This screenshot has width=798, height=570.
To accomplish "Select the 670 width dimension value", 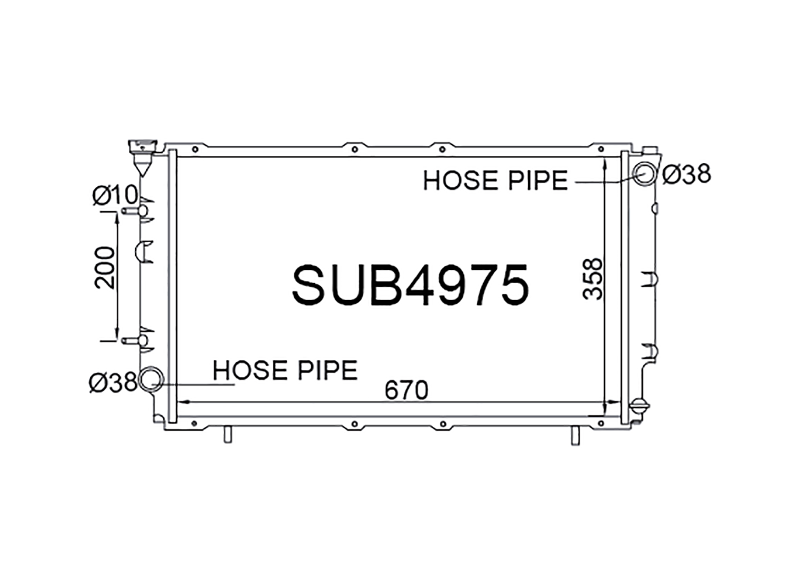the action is (x=406, y=390).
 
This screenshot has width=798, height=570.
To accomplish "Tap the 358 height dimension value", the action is (x=593, y=278).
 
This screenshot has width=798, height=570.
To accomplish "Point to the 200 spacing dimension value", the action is (x=105, y=267).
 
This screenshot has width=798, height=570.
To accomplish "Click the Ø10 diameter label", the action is (x=115, y=195).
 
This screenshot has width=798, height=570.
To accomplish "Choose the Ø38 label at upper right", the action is (x=686, y=175).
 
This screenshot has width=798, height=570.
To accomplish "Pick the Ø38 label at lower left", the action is (x=113, y=382).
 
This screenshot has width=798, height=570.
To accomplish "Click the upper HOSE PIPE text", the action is (x=495, y=180).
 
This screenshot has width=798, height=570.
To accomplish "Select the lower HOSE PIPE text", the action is (x=285, y=370).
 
